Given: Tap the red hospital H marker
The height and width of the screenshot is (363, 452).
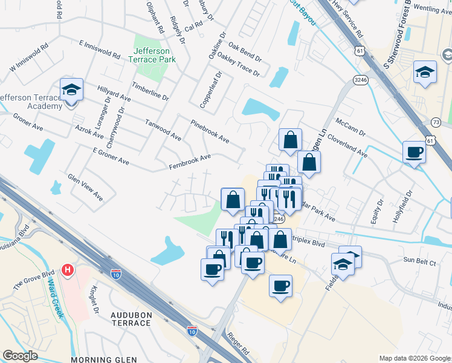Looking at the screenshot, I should coord(68,270).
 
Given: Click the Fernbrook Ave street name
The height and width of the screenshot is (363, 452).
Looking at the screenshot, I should coord(190,162).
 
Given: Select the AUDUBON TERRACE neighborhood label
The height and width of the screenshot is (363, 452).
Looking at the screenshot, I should coord(131,319).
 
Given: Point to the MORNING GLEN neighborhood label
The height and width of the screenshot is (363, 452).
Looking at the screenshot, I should coord(103,359).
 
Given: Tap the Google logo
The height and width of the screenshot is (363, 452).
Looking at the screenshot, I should coord(20,356).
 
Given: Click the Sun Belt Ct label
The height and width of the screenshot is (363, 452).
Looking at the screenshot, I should coord(419,261).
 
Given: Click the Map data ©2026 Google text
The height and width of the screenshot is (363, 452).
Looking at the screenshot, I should coord(415,358).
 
